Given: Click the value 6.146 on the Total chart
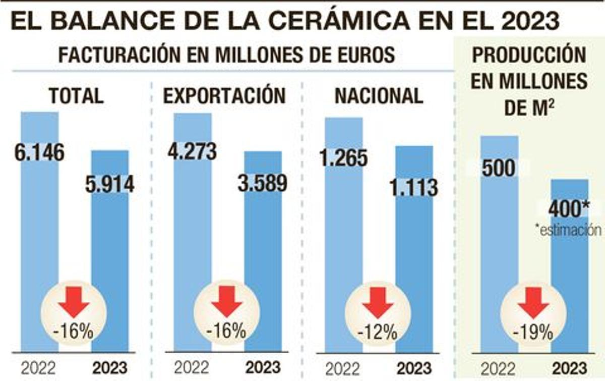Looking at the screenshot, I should [x=40, y=152].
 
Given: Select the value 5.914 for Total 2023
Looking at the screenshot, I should [x=109, y=184].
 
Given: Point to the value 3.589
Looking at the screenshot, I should [x=263, y=184].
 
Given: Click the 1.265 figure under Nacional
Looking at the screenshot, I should [x=343, y=158].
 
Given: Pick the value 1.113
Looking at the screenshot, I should [x=413, y=188].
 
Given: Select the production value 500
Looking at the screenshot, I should [x=499, y=168].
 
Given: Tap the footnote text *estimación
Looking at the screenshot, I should [x=569, y=231].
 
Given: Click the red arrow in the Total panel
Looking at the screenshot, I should [x=74, y=302].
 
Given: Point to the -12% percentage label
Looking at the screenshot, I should [x=377, y=333].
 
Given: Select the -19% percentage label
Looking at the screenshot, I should [x=533, y=333].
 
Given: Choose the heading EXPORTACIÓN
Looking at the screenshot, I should [x=224, y=95].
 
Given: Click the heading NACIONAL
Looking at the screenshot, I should [x=379, y=95].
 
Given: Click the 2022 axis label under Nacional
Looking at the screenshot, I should [x=343, y=368].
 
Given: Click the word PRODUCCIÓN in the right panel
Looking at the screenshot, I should [x=529, y=55].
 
